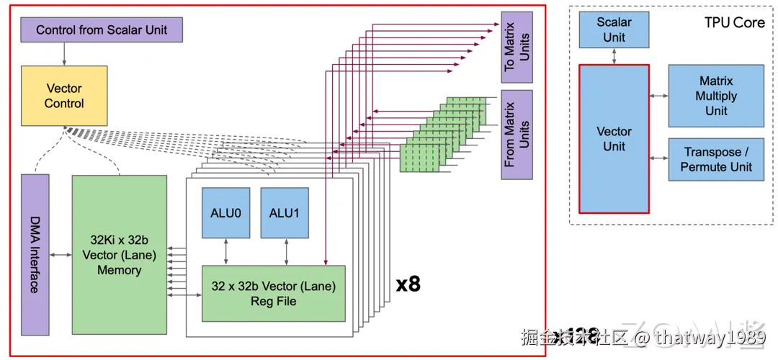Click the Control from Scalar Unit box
[101, 30]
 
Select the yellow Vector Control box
[64, 96]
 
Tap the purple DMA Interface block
[35, 254]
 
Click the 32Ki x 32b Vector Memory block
[119, 254]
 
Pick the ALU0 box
[225, 212]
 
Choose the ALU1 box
[284, 212]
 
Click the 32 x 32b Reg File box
[273, 293]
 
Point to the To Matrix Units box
[517, 46]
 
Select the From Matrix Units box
[517, 134]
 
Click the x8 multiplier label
[408, 284]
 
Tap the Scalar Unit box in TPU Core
[614, 30]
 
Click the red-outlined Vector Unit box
[614, 139]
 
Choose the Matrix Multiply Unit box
[715, 96]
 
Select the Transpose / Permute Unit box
[715, 160]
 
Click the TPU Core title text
[734, 22]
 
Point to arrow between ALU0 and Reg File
[225, 252]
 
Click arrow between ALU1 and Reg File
[286, 252]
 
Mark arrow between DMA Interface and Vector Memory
[61, 254]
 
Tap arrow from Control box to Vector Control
[64, 53]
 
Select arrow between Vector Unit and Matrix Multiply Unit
[658, 96]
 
